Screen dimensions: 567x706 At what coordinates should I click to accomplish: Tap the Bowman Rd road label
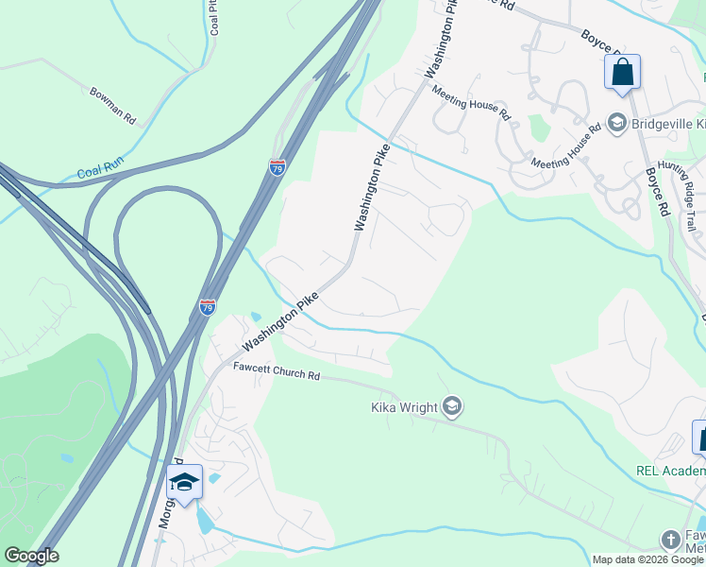point(113,106)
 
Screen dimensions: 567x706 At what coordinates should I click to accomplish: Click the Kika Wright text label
point(403,407)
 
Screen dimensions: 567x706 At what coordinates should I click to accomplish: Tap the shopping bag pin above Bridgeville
point(622,73)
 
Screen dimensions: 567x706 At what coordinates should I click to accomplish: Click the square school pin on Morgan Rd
point(184,482)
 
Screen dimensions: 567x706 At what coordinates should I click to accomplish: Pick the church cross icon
point(670,540)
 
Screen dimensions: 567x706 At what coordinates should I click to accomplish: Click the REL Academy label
point(673,472)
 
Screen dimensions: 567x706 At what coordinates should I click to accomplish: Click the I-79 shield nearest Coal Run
point(277,167)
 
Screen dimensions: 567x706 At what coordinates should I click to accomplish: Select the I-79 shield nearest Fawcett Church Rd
point(207,307)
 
